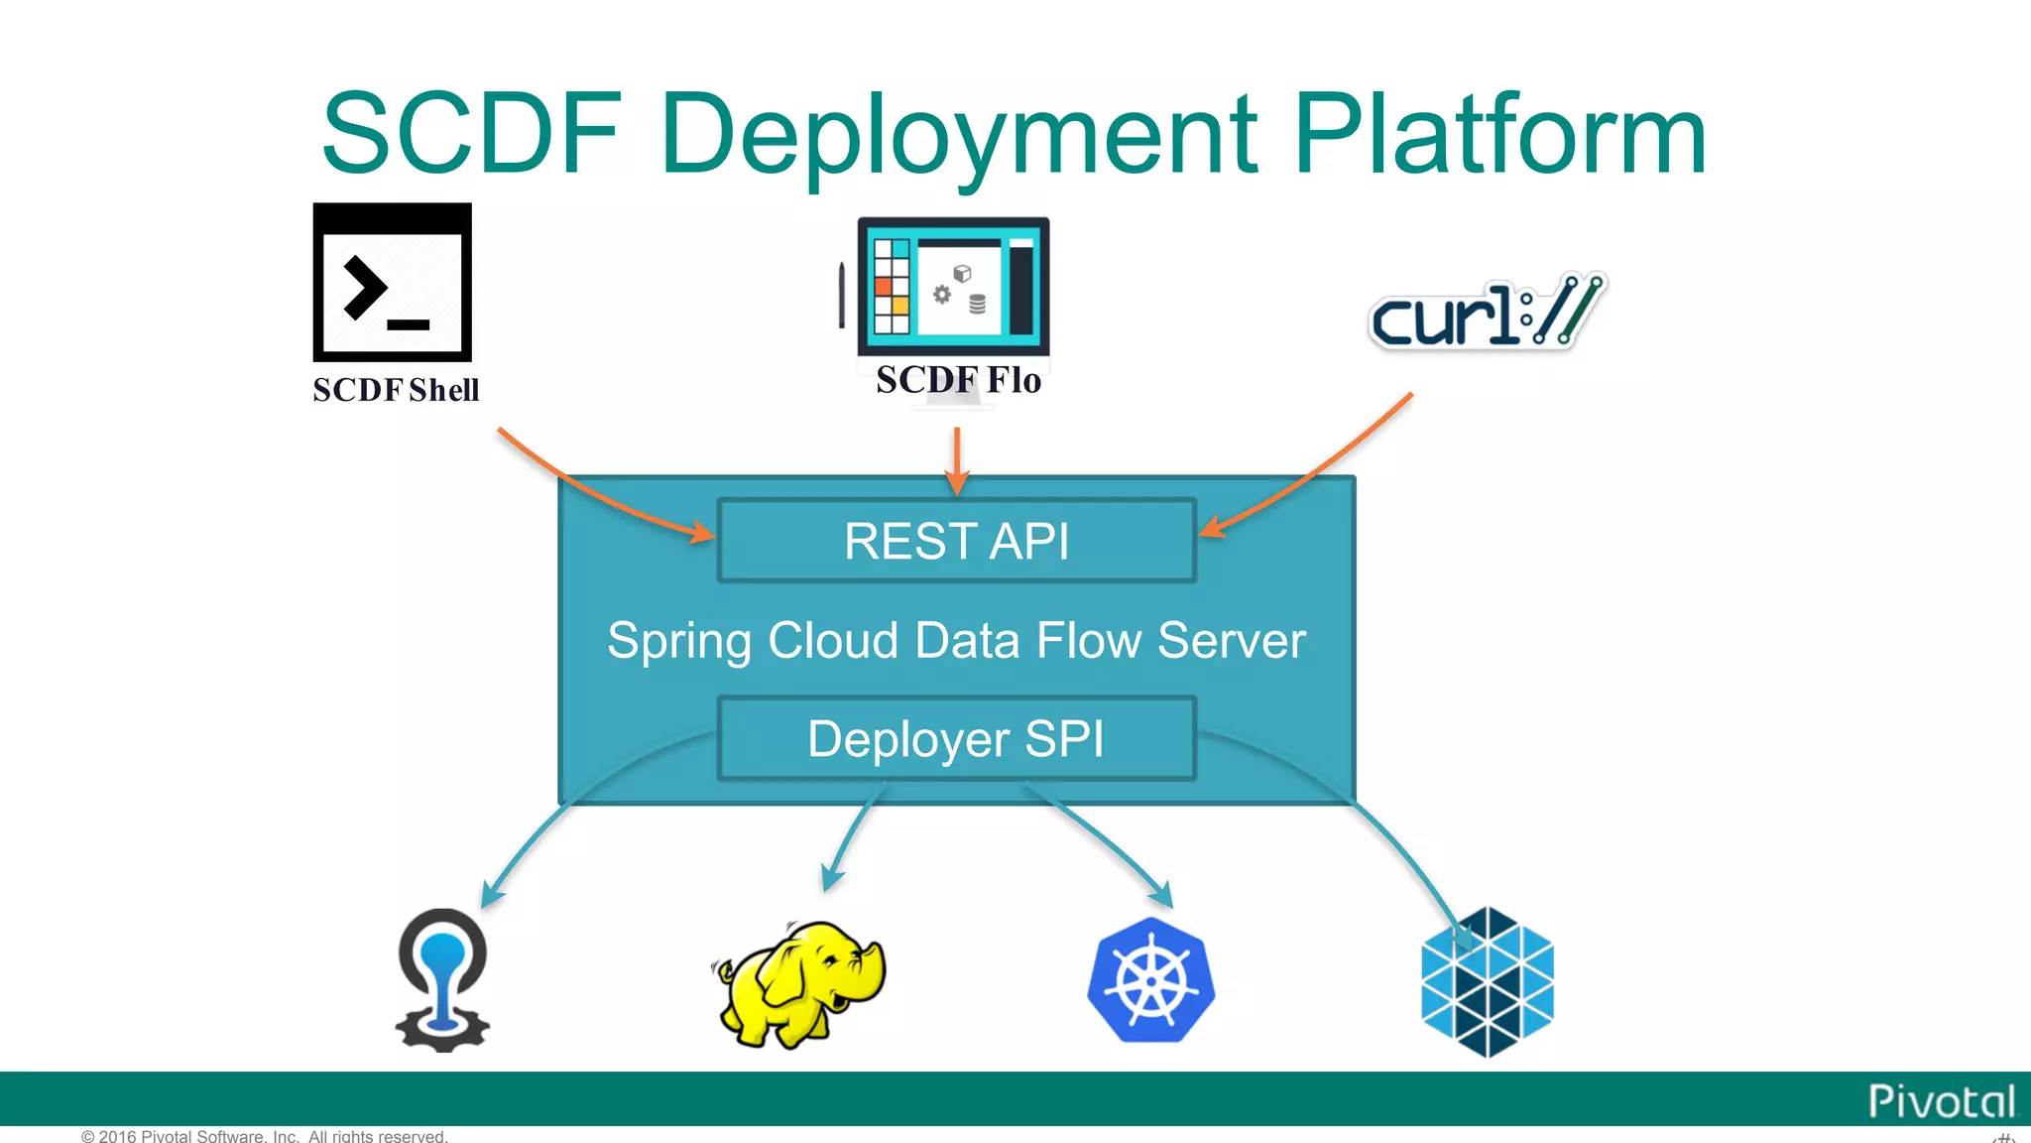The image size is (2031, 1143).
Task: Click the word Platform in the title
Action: [1500, 133]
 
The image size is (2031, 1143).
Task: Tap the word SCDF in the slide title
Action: [473, 133]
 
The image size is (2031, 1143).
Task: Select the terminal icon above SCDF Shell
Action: [393, 283]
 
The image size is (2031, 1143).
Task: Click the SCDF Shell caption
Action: [396, 390]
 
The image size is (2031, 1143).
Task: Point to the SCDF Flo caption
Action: [958, 380]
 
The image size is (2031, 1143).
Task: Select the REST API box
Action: [957, 541]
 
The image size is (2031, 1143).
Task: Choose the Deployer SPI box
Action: [957, 739]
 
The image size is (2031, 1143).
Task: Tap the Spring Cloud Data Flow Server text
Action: [957, 640]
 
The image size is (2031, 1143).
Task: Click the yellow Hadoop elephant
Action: [799, 982]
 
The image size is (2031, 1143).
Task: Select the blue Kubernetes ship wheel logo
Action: [1151, 980]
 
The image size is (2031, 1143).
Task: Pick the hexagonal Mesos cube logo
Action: [1488, 981]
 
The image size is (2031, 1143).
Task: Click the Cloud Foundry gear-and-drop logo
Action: [442, 980]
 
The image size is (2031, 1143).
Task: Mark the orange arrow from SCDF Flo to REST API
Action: [957, 461]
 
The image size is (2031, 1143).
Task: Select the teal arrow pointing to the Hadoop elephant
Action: [851, 835]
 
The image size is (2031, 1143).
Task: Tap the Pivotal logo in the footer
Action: [1942, 1101]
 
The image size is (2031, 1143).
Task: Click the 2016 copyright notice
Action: [265, 1136]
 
